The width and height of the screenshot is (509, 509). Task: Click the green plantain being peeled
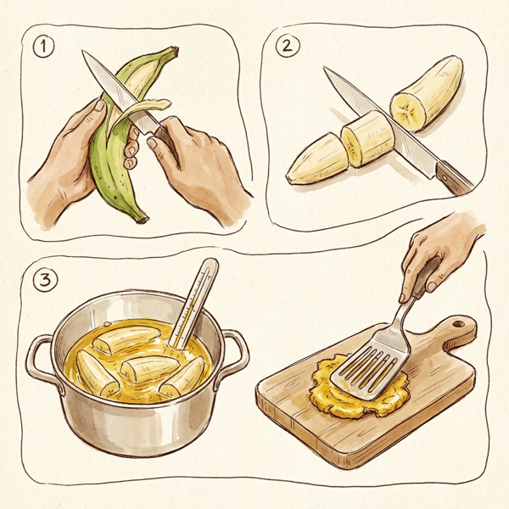coord(110,161)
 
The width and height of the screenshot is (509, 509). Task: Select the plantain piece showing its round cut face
coord(424,93)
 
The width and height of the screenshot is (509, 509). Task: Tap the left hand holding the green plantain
coord(64,170)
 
